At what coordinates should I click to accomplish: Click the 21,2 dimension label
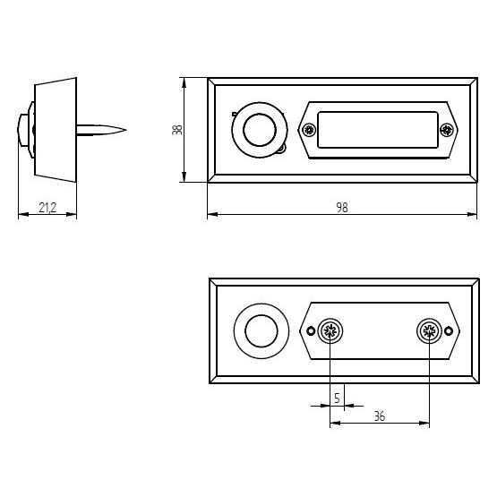point(47,208)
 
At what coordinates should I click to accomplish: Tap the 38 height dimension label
point(177,130)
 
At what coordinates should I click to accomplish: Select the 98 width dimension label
point(342,208)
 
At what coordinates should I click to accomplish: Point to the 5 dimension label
point(337,398)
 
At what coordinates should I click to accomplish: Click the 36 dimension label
point(380,416)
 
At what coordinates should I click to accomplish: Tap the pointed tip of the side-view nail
point(126,129)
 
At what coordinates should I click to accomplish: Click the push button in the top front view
point(260,130)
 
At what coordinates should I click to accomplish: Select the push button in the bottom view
point(261,331)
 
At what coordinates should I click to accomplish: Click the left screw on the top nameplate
point(309,130)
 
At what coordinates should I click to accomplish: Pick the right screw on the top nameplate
point(447,130)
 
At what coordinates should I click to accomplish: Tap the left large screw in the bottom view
point(330,331)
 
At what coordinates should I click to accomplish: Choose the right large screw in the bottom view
point(429,331)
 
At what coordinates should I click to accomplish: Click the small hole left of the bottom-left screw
point(311,331)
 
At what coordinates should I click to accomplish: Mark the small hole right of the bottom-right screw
point(448,331)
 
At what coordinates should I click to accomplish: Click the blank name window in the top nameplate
point(378,130)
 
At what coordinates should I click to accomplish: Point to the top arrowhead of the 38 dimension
point(184,83)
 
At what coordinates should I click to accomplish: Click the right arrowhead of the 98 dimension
point(472,215)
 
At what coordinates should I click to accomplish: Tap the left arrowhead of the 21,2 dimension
point(24,215)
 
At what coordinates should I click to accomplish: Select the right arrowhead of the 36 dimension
point(424,423)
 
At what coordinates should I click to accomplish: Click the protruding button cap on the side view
point(22,130)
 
